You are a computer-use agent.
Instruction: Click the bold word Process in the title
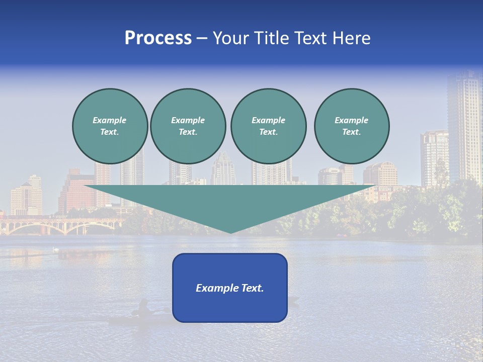click(x=158, y=38)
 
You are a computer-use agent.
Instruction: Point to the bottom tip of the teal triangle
click(x=230, y=232)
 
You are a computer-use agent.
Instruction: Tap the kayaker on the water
click(x=143, y=308)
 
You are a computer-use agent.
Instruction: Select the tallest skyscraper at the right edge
click(x=464, y=126)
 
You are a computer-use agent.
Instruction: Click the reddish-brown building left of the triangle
click(x=75, y=194)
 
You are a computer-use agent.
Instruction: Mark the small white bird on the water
click(x=56, y=249)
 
